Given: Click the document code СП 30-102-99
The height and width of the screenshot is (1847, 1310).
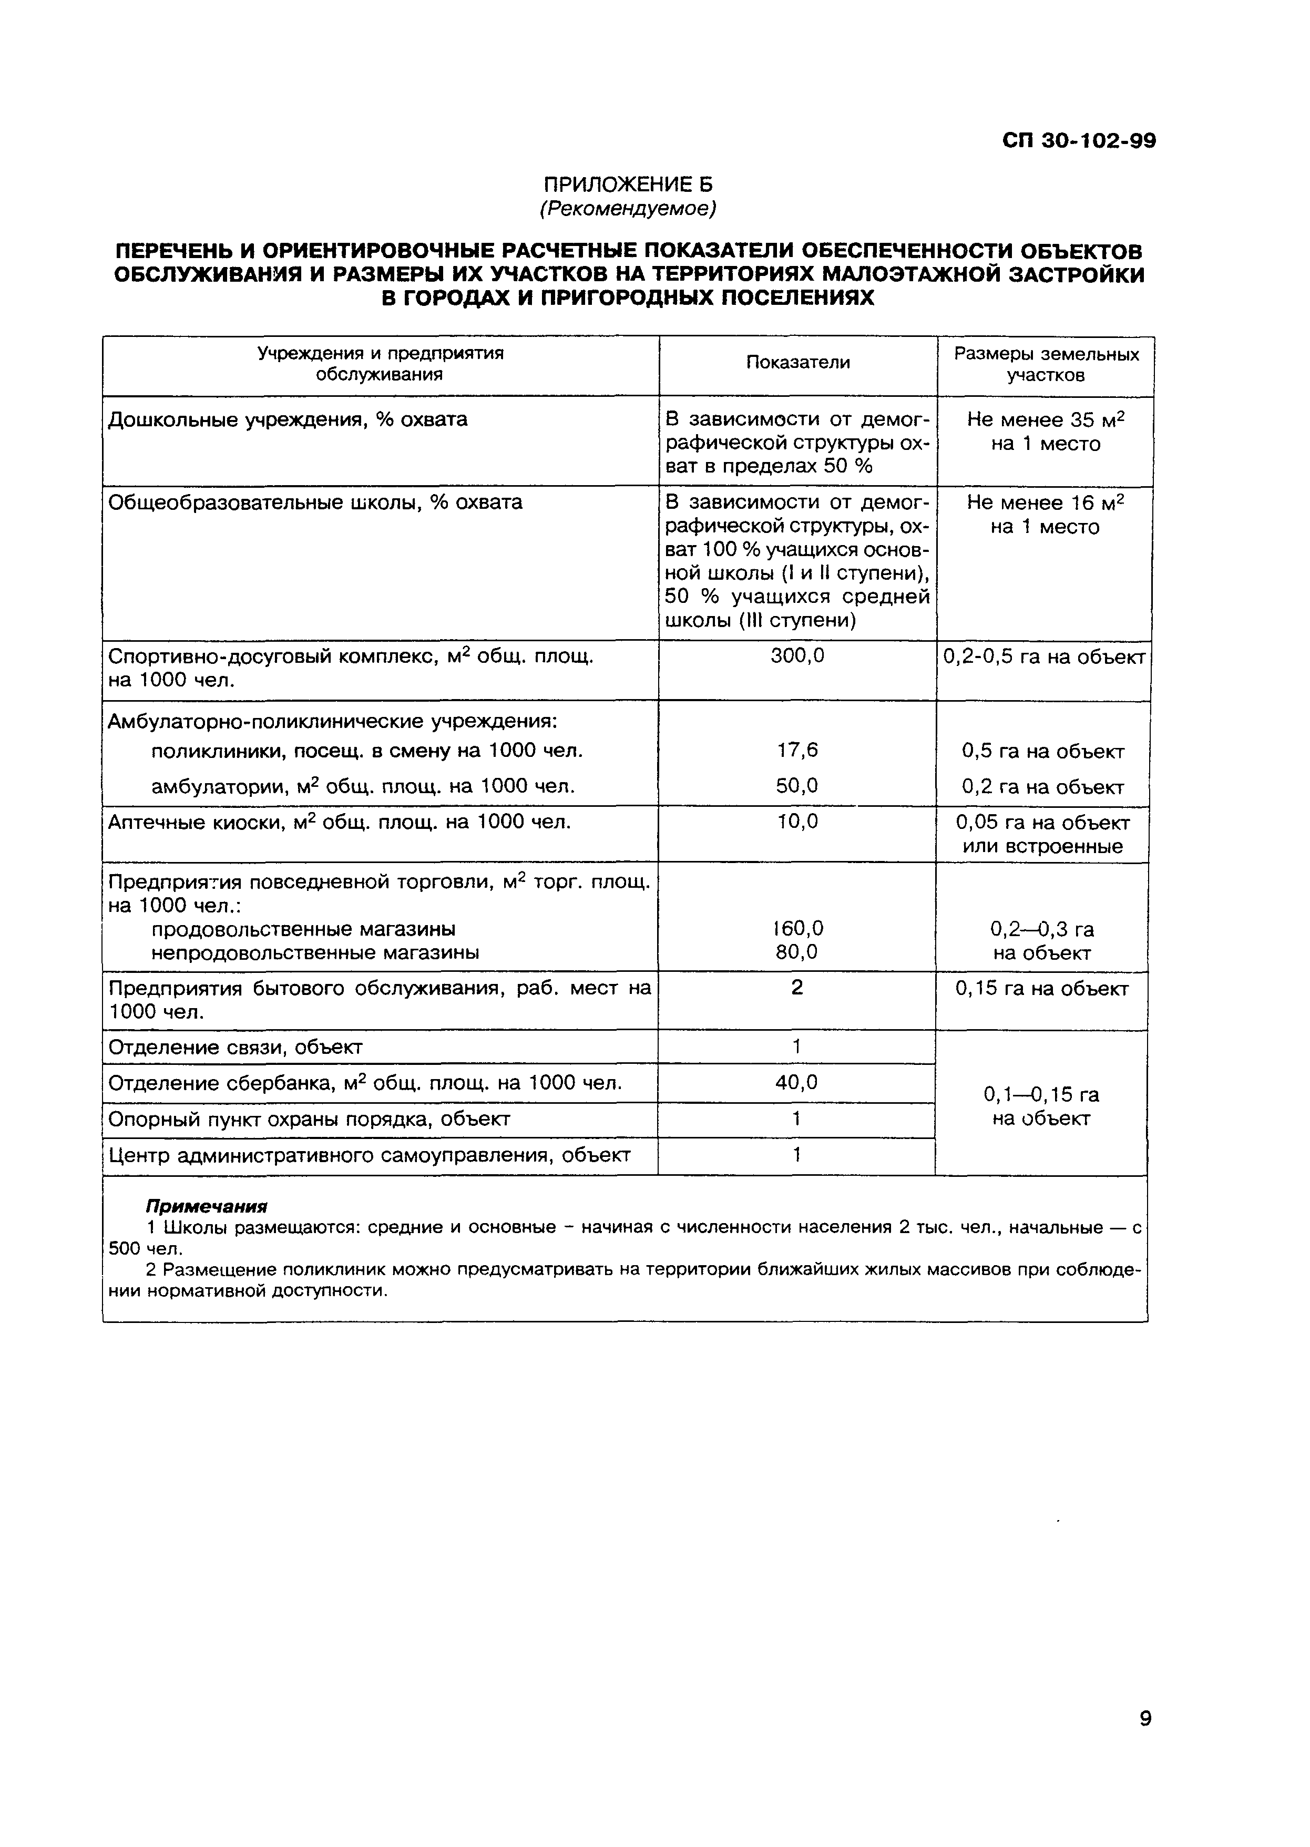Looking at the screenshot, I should click(x=1079, y=141).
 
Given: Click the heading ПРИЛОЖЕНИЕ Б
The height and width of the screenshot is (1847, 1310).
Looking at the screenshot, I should click(x=628, y=184).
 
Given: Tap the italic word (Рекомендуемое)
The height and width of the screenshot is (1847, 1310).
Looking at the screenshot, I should click(x=628, y=209).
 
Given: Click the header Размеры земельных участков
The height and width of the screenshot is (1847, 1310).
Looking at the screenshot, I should click(x=1046, y=365).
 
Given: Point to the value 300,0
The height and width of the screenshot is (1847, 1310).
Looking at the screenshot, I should click(x=797, y=656).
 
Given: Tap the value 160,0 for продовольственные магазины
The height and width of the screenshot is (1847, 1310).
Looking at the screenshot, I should click(x=797, y=928).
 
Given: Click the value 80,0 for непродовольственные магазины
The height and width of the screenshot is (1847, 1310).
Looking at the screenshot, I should click(x=797, y=952).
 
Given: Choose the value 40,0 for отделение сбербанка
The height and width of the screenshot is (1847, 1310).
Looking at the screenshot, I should click(x=797, y=1082).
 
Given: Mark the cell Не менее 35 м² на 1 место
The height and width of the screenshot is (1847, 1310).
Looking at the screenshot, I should click(x=1046, y=432).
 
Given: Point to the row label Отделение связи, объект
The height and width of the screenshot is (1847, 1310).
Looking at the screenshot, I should click(x=236, y=1048).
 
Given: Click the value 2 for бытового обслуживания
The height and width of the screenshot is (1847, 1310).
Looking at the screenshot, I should click(x=797, y=988).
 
